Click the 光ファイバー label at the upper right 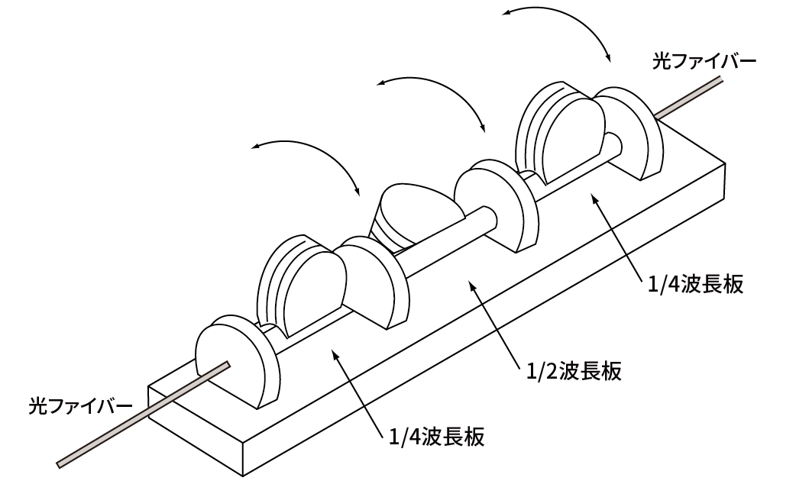[x=704, y=61]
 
